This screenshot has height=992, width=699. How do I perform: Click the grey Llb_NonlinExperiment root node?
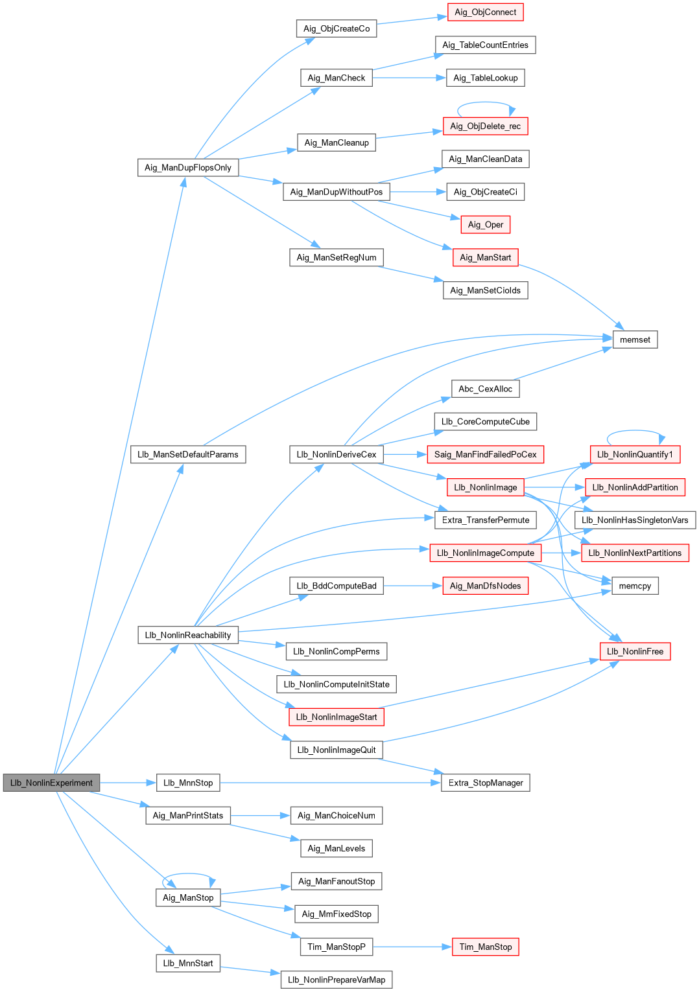pyautogui.click(x=51, y=783)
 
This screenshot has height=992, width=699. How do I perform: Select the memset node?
pyautogui.click(x=635, y=340)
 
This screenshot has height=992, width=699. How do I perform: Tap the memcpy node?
pyautogui.click(x=635, y=586)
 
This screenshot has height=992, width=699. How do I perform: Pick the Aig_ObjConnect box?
pyautogui.click(x=485, y=12)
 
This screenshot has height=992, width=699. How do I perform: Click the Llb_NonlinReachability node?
pyautogui.click(x=188, y=635)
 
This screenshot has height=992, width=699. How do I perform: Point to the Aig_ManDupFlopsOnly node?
pyautogui.click(x=188, y=168)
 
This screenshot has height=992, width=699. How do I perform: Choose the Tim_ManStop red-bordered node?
pyautogui.click(x=485, y=947)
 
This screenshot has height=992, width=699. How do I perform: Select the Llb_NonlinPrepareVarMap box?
pyautogui.click(x=337, y=980)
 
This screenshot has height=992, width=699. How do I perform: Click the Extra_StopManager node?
pyautogui.click(x=485, y=783)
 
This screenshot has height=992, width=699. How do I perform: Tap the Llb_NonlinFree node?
pyautogui.click(x=635, y=651)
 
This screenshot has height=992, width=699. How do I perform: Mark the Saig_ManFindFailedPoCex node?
pyautogui.click(x=485, y=454)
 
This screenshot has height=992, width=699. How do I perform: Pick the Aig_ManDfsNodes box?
pyautogui.click(x=485, y=586)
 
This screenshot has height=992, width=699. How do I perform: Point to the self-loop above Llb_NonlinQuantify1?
pyautogui.click(x=635, y=430)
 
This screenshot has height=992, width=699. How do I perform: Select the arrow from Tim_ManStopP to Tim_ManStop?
pyautogui.click(x=412, y=947)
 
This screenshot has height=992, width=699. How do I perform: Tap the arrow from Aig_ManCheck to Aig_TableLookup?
pyautogui.click(x=409, y=78)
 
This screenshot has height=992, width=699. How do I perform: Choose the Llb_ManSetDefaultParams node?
pyautogui.click(x=188, y=454)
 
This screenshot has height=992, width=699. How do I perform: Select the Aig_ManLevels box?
pyautogui.click(x=337, y=848)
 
